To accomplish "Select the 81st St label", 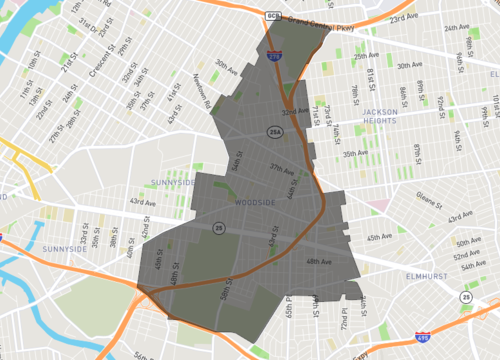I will click(x=370, y=77).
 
